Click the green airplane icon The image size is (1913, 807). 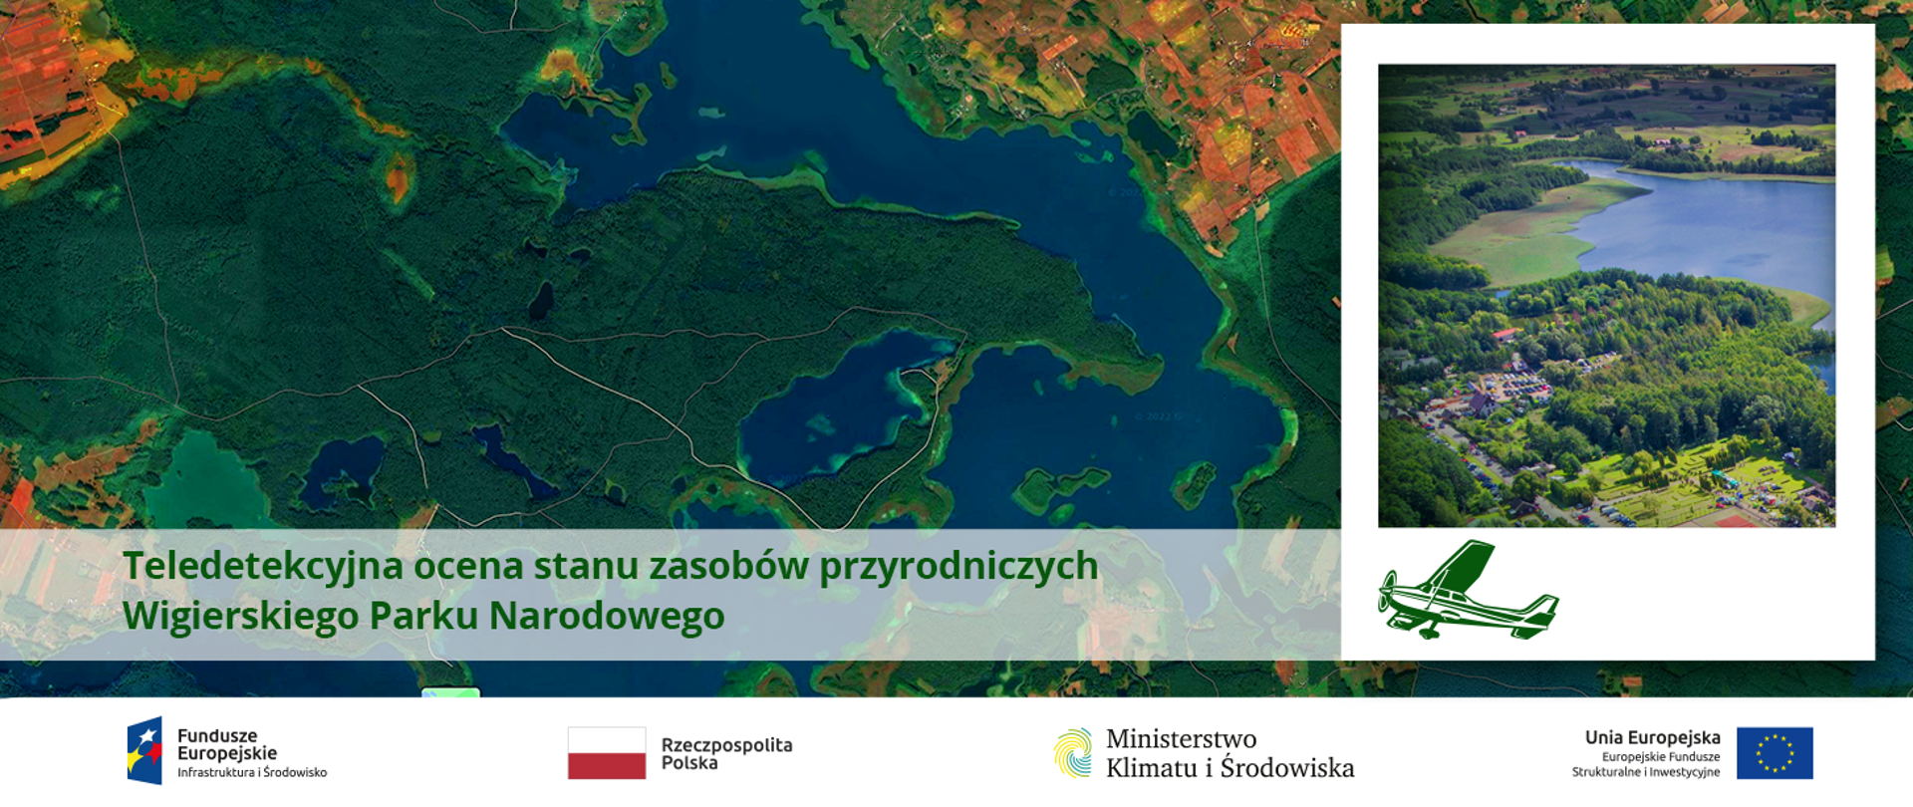coord(1467,592)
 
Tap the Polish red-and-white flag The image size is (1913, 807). coord(606,753)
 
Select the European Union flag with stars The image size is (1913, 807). coord(1775,753)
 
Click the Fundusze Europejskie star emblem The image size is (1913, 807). coord(144,751)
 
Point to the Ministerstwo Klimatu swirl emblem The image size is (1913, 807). coord(1073,753)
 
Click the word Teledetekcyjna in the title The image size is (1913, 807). coord(263,566)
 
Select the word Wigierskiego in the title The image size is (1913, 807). coord(240,616)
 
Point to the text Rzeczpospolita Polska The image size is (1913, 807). coord(726,754)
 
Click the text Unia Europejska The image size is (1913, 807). coord(1652,737)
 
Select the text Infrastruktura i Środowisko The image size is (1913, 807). coord(252,773)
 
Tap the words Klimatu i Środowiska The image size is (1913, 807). coord(1230,768)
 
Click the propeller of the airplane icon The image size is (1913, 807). coord(1384,593)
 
